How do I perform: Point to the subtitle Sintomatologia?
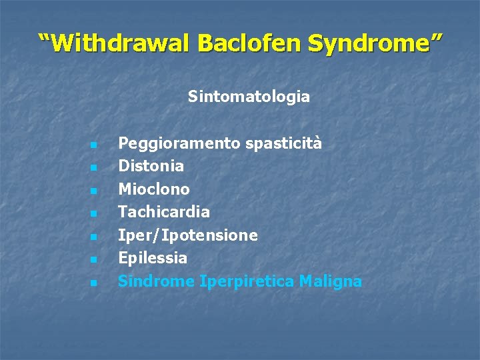(x=249, y=97)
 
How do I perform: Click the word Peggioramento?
(x=179, y=143)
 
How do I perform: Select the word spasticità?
(x=283, y=143)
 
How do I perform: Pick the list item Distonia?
(x=151, y=165)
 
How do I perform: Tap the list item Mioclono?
(x=153, y=189)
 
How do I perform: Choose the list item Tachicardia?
(x=163, y=212)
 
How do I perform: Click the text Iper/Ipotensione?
(x=187, y=235)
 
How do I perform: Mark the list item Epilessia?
(x=152, y=258)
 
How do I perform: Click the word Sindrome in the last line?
(x=156, y=281)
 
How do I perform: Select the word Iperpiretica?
(x=247, y=281)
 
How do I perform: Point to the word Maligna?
(x=330, y=281)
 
